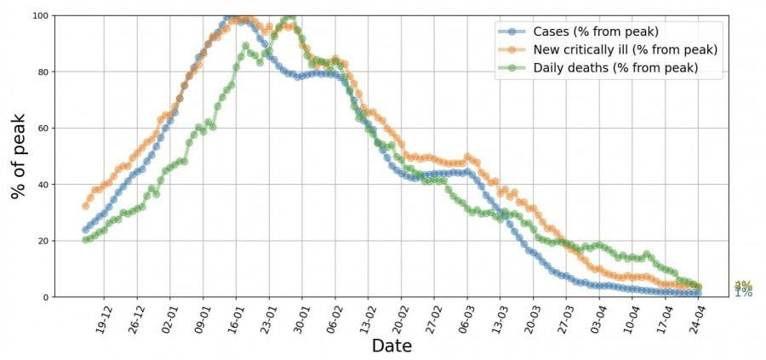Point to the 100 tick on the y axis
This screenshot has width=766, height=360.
[x=39, y=16]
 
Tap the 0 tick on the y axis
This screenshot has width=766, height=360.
[x=44, y=297]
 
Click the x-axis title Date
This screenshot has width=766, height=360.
[x=392, y=346]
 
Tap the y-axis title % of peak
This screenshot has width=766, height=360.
[x=19, y=156]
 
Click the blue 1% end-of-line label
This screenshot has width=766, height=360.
[x=743, y=293]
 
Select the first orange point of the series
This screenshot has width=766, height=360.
[x=85, y=206]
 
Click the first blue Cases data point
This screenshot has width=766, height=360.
[x=85, y=230]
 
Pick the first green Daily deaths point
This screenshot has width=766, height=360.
[x=85, y=239]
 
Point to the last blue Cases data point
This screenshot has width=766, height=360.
[x=698, y=294]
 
